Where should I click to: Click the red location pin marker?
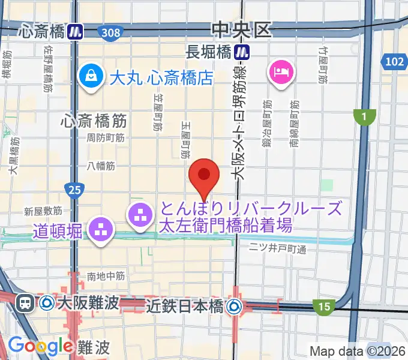click(204, 175)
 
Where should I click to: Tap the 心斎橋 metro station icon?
click(75, 31)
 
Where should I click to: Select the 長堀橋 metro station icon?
click(242, 52)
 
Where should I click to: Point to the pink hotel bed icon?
click(281, 73)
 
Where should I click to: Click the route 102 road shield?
click(395, 61)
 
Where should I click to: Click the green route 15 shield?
click(324, 307)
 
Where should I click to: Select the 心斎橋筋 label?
click(94, 120)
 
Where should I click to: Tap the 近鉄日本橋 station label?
click(185, 307)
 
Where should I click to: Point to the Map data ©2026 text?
click(358, 351)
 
